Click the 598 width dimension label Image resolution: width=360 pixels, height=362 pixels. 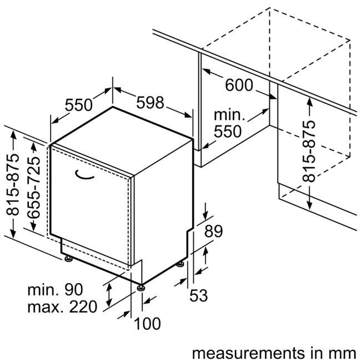[150, 103]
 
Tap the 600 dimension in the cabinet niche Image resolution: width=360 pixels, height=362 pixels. [238, 86]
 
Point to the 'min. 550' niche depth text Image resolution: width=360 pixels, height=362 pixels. [229, 124]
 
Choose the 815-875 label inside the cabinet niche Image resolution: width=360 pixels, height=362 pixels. [310, 150]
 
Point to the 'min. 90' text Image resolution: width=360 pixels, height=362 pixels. [55, 289]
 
